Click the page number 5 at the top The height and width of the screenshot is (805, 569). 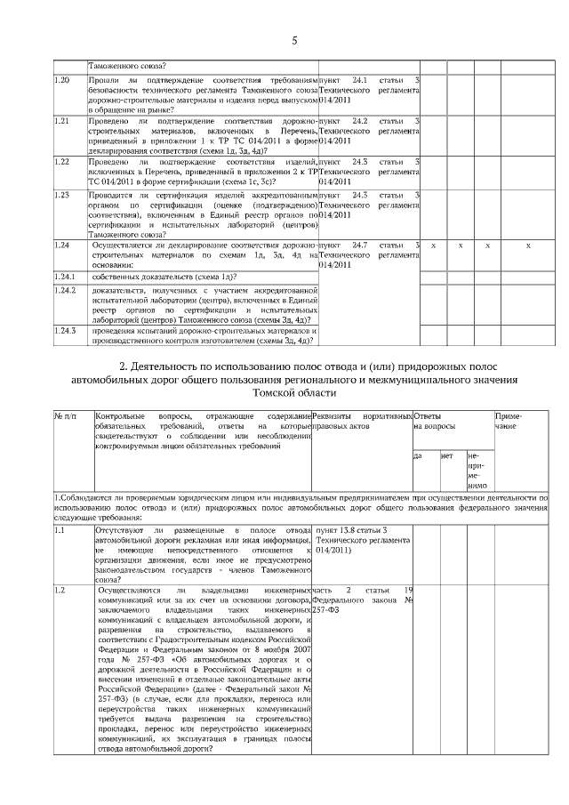tap(293, 40)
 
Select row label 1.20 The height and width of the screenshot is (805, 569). tap(62, 81)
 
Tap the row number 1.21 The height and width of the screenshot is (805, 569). tap(62, 120)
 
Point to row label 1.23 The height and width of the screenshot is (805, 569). tap(62, 194)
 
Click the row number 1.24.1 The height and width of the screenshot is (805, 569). tap(66, 276)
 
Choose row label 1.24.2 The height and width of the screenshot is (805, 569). tap(66, 291)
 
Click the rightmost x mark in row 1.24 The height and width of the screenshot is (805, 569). tap(528, 244)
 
